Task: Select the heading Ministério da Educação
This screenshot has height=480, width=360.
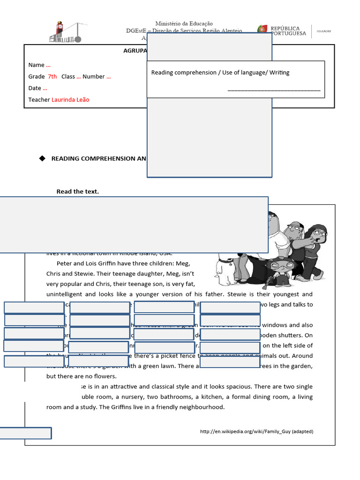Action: [184, 23]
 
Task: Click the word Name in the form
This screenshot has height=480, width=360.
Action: [36, 65]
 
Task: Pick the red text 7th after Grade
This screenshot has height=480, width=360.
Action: [52, 76]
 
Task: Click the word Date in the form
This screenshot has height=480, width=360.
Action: [35, 88]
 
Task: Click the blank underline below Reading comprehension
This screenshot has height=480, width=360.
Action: [274, 89]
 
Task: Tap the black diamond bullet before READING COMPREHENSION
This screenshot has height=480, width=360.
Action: [42, 158]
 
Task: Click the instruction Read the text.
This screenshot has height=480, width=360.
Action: [77, 191]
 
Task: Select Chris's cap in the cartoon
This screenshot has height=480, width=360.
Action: [293, 224]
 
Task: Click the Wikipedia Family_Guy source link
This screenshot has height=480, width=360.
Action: [256, 431]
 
